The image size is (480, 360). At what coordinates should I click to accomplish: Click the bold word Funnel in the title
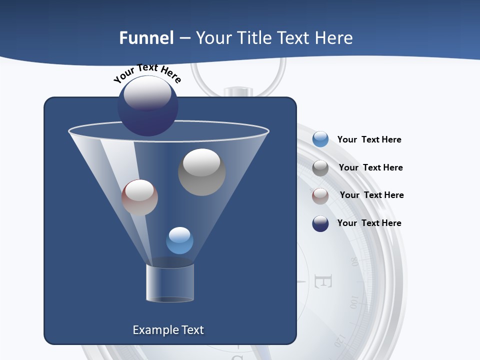146,38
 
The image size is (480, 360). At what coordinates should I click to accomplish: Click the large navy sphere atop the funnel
148,105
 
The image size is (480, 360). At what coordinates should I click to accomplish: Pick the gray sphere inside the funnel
201,172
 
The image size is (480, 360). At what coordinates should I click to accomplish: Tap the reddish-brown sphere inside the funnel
139,197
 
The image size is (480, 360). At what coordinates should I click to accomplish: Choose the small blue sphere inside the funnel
179,240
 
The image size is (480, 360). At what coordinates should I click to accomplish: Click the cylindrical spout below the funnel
170,283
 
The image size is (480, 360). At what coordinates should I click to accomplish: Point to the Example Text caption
168,330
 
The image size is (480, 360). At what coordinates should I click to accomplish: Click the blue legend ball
320,139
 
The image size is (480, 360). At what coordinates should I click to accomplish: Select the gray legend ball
320,167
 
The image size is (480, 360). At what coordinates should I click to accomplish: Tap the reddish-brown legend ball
320,195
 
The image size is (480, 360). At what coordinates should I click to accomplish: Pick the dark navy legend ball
320,223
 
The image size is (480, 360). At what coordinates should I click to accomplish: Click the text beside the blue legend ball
369,140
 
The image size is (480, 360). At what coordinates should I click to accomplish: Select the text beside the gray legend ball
370,168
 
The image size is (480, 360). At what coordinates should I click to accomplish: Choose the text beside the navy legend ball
369,223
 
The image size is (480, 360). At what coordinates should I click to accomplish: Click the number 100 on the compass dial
354,302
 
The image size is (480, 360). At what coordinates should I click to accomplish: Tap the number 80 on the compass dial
354,261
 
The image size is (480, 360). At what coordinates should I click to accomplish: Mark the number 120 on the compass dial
339,340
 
